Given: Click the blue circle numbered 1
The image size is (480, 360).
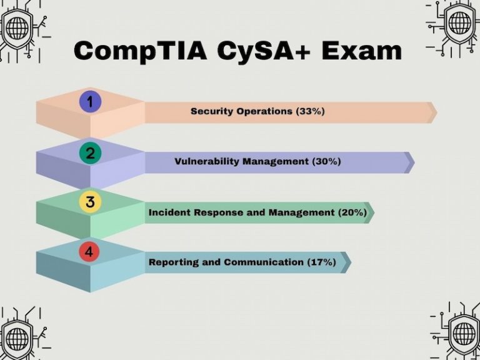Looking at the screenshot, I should pos(90,102).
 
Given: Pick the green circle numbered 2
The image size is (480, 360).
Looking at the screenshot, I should pos(90,152).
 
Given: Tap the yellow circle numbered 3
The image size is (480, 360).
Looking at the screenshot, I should pos(90,202).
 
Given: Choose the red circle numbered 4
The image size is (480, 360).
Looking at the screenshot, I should pos(90,252).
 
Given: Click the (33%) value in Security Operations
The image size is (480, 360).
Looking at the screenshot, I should pos(311,111).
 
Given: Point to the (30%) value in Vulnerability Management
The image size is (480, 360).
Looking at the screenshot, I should pos(326,161).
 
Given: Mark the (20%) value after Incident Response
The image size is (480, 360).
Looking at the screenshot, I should pos(352,212).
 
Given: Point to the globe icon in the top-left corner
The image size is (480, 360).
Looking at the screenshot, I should pos(17,27).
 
